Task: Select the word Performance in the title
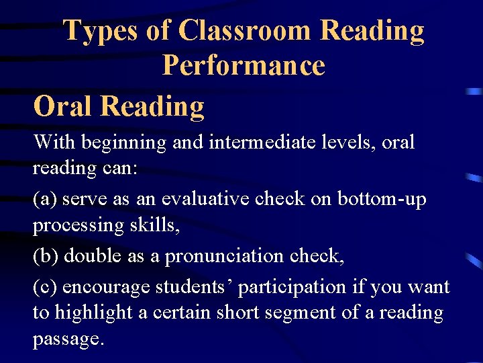tap(244, 66)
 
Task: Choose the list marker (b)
tap(46, 257)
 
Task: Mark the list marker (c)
tap(46, 287)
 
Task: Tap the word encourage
tap(107, 287)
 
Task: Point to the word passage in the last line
tap(68, 339)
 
